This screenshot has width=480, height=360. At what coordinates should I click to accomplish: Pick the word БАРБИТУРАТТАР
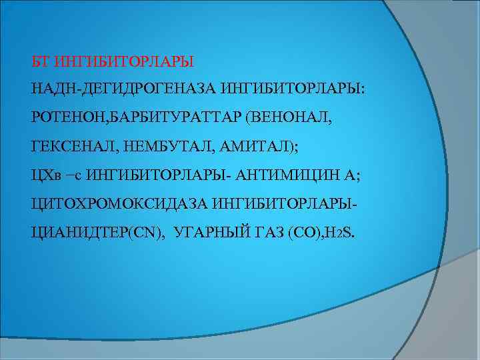click(x=177, y=118)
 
